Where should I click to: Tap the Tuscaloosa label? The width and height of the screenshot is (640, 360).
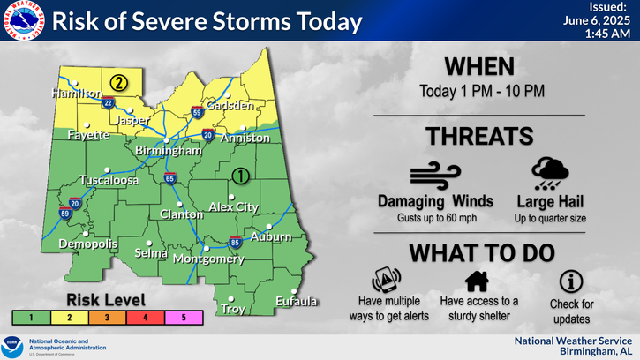(x=109, y=180)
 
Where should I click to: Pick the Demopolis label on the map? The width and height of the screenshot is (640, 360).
(x=87, y=244)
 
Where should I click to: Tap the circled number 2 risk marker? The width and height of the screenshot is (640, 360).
(x=118, y=84)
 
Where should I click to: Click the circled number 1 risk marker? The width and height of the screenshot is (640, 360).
(x=239, y=176)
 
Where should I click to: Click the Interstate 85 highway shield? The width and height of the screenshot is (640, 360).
(x=235, y=241)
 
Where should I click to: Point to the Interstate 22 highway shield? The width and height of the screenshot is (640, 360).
(x=109, y=102)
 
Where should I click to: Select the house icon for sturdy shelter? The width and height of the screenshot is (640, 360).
(x=478, y=281)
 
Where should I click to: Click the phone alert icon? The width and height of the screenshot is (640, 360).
(x=386, y=280)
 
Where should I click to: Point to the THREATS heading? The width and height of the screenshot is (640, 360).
(x=479, y=136)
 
